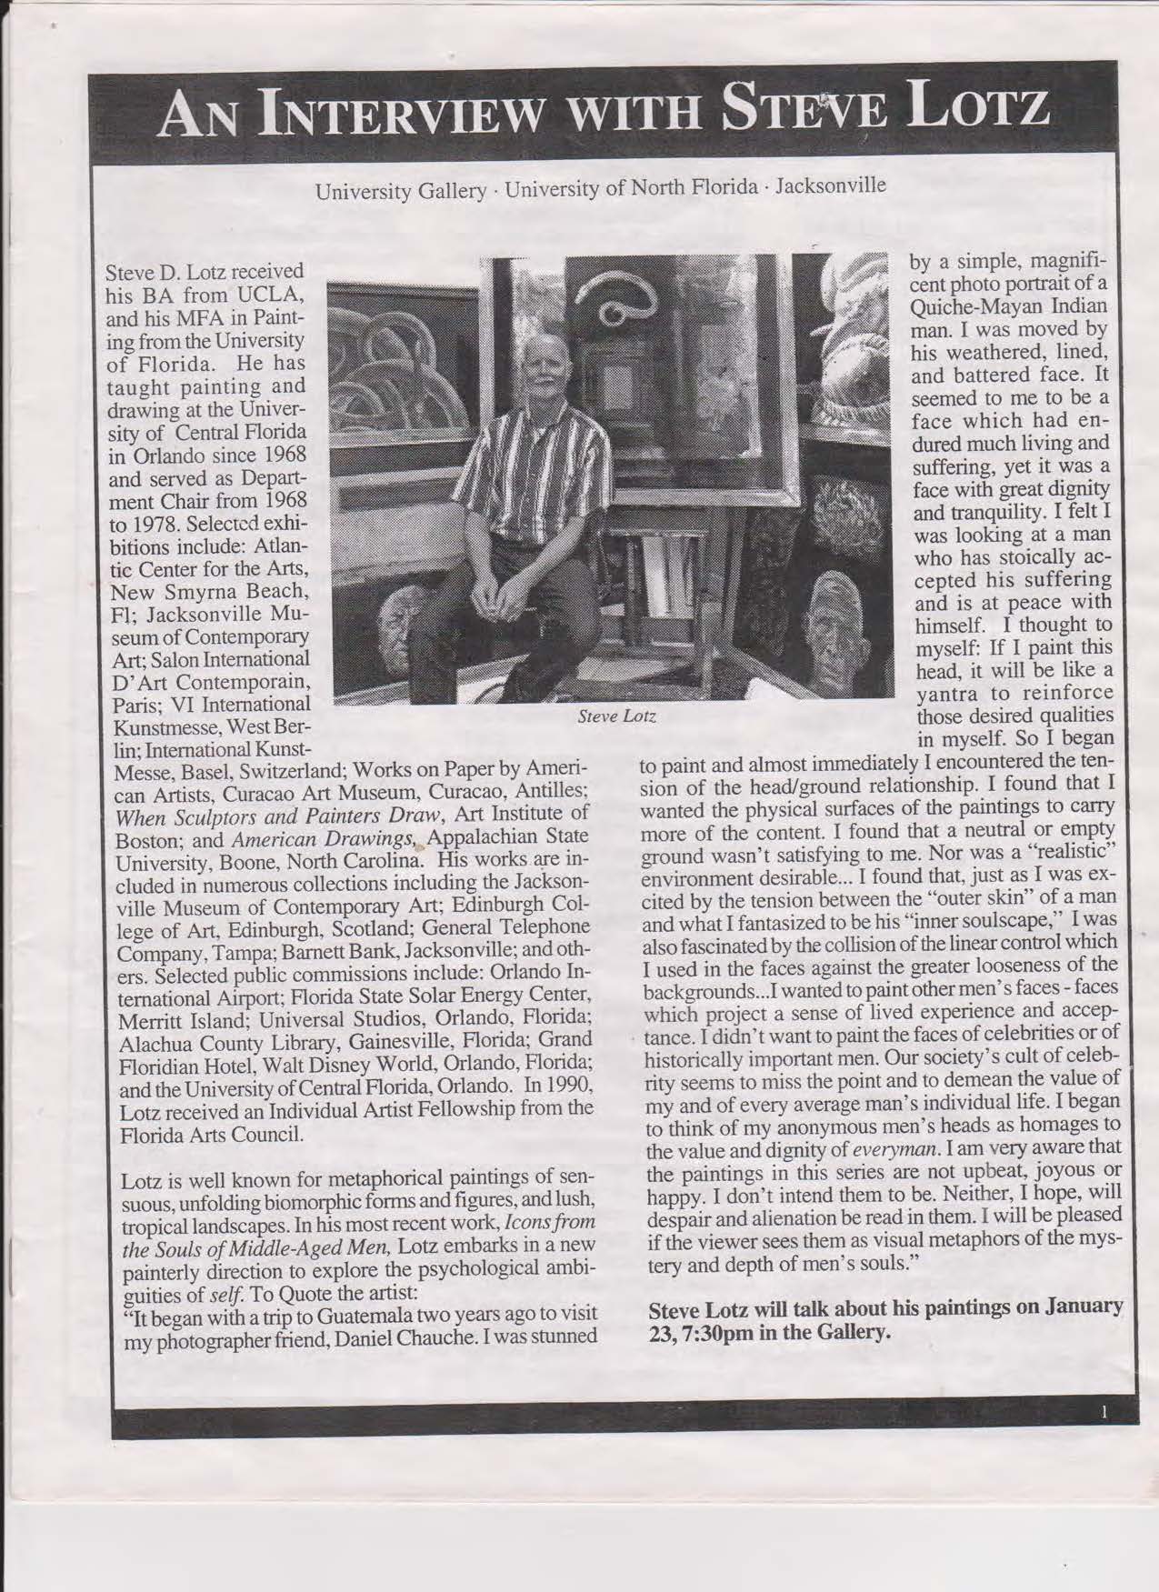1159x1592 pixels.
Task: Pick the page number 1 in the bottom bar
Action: click(x=1103, y=1413)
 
